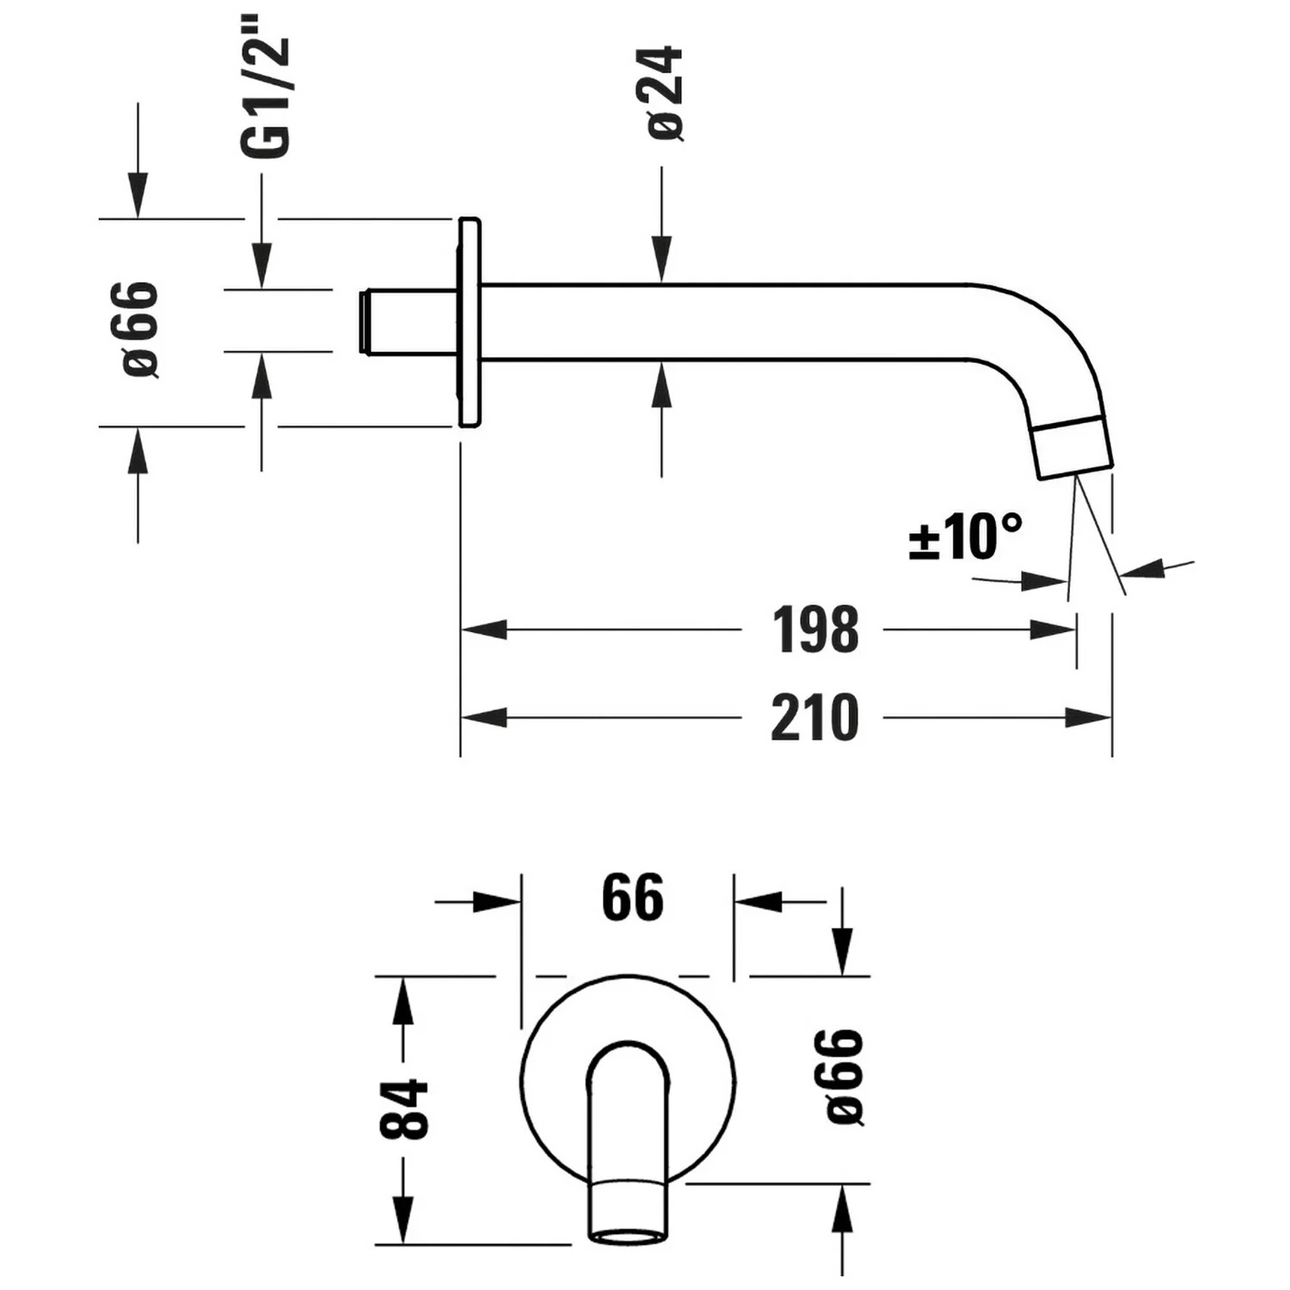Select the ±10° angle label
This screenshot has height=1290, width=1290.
coord(965,537)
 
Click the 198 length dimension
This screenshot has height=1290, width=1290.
coord(814,630)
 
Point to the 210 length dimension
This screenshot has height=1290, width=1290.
coord(814,718)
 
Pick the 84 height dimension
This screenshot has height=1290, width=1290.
coord(404,1109)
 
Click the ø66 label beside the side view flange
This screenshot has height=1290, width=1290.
coord(140,329)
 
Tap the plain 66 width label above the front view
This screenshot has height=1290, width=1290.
coord(632,898)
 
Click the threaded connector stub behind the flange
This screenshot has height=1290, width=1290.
coord(404,322)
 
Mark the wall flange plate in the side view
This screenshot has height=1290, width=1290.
coord(469,322)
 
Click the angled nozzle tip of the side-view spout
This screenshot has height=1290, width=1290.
coord(1073,447)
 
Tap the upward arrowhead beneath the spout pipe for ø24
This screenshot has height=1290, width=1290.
coord(661,384)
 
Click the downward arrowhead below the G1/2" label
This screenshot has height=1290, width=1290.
coord(261,266)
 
